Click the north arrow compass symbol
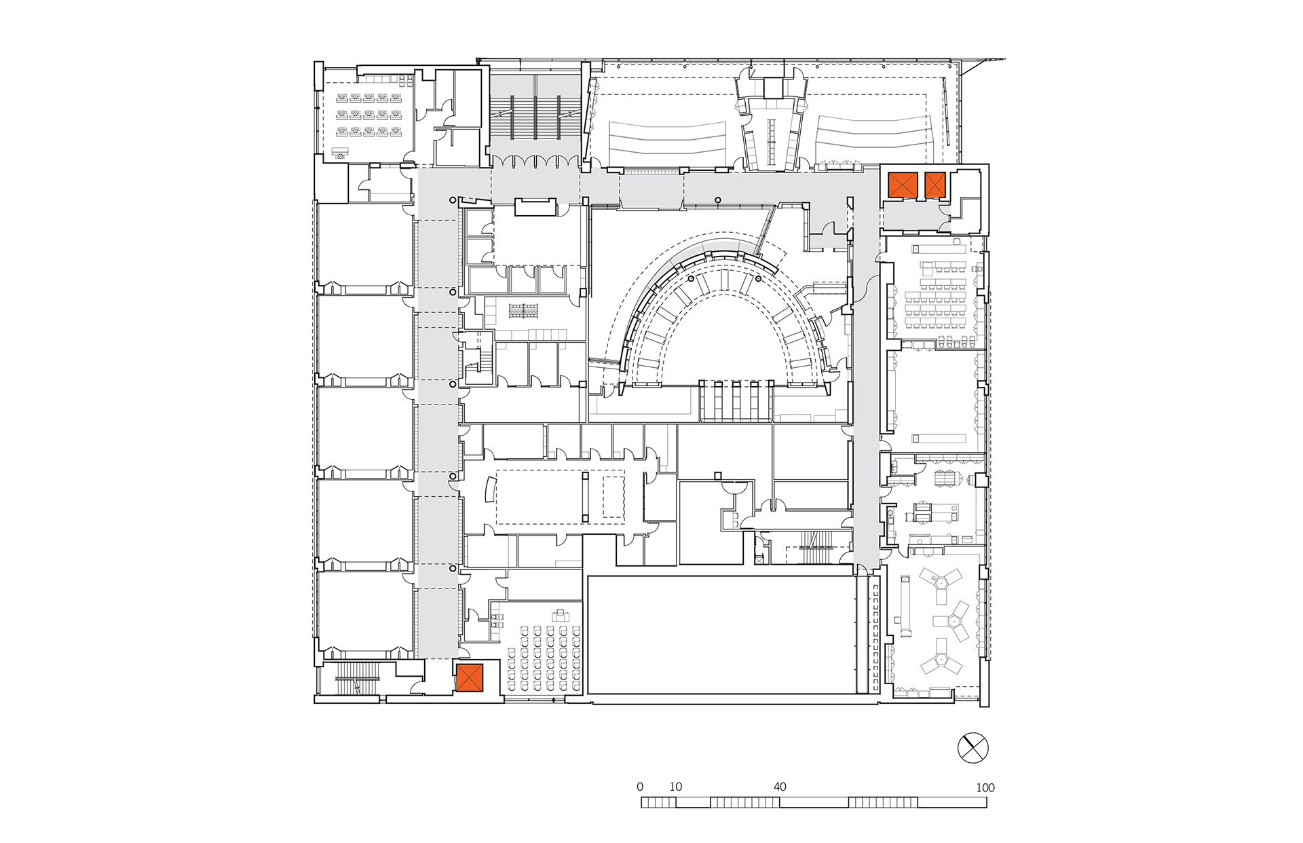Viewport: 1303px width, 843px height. tap(972, 748)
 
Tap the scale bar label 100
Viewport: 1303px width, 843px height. tap(985, 788)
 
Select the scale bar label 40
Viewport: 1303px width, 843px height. tap(780, 787)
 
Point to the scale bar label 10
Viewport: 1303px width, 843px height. tap(675, 787)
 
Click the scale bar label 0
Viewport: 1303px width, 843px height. tap(640, 787)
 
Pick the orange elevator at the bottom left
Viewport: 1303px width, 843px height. tap(469, 677)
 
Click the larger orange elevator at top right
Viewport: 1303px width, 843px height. tap(903, 185)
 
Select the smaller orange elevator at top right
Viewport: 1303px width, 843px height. tap(935, 185)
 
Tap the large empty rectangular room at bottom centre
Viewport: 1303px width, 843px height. tap(720, 635)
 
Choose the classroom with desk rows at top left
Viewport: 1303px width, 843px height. tap(367, 115)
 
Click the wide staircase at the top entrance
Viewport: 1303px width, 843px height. tap(535, 115)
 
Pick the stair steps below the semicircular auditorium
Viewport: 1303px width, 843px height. tap(736, 401)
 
